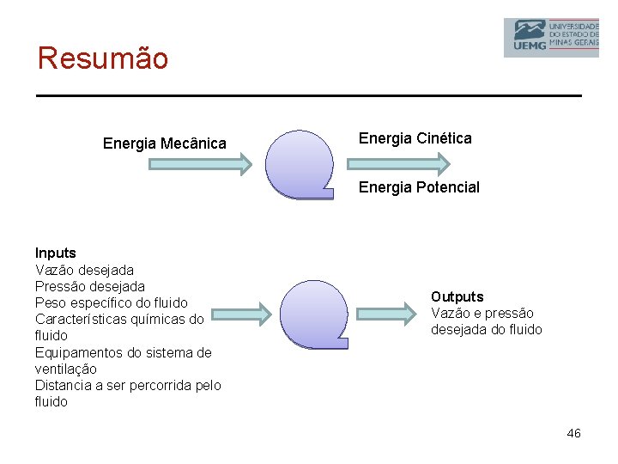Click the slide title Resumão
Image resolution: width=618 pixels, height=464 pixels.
[103, 58]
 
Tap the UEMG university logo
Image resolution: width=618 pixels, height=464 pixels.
[550, 37]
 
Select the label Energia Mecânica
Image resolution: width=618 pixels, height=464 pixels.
[165, 143]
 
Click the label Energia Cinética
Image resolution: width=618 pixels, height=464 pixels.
[415, 138]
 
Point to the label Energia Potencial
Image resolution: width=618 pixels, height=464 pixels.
[419, 187]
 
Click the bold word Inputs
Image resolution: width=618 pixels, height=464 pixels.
[55, 253]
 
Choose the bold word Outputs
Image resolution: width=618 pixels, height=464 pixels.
[457, 297]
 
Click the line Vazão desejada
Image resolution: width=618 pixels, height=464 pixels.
[84, 270]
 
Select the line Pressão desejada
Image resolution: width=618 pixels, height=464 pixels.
[89, 286]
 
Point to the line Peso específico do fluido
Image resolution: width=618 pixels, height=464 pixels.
[111, 302]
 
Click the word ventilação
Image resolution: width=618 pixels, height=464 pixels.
[65, 369]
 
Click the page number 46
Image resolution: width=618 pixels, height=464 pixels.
[573, 433]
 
